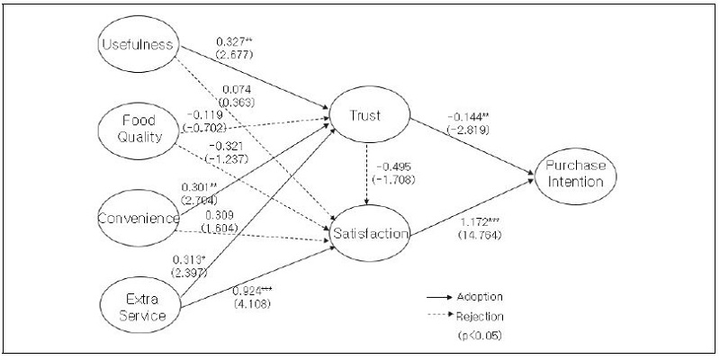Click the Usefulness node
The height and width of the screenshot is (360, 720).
138,45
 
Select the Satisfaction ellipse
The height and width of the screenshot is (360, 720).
370,234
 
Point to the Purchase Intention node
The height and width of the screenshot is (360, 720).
578,175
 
